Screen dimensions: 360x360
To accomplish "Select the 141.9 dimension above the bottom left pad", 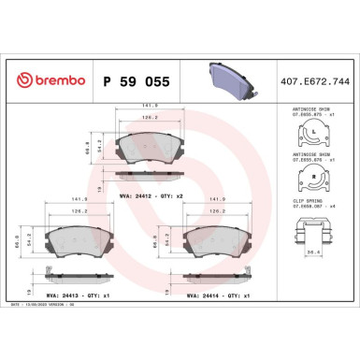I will [81, 199].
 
